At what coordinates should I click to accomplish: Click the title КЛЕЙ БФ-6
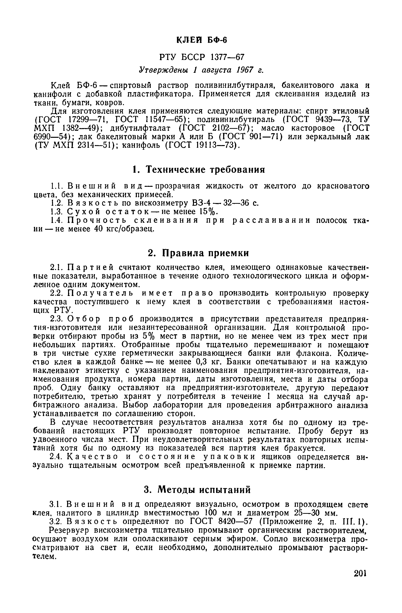(202, 40)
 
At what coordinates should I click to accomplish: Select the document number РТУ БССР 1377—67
(202, 57)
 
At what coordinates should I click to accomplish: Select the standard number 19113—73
(216, 146)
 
